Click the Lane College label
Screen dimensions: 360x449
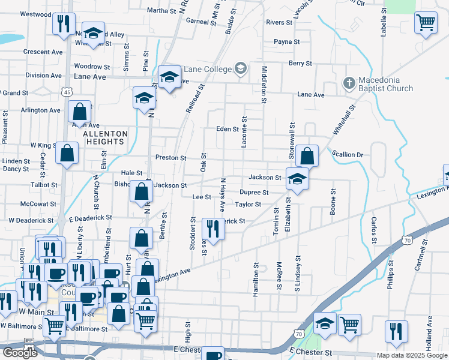(x=208, y=69)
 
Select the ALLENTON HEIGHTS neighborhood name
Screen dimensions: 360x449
(x=106, y=137)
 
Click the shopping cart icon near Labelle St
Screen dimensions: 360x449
(x=426, y=23)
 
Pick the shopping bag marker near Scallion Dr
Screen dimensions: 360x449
(x=306, y=156)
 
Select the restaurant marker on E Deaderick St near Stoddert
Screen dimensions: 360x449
(x=212, y=229)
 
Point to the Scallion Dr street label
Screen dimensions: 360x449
(x=348, y=155)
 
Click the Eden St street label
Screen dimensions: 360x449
(x=228, y=129)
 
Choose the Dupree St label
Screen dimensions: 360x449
(x=253, y=193)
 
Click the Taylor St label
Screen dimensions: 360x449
(x=248, y=204)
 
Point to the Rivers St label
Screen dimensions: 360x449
(x=279, y=22)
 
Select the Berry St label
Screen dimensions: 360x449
(x=300, y=63)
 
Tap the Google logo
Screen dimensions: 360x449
(x=20, y=353)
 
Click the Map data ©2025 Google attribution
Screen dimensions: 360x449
(x=412, y=355)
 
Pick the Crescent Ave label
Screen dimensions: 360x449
(x=43, y=52)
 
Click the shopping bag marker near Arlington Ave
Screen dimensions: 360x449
(x=79, y=112)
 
